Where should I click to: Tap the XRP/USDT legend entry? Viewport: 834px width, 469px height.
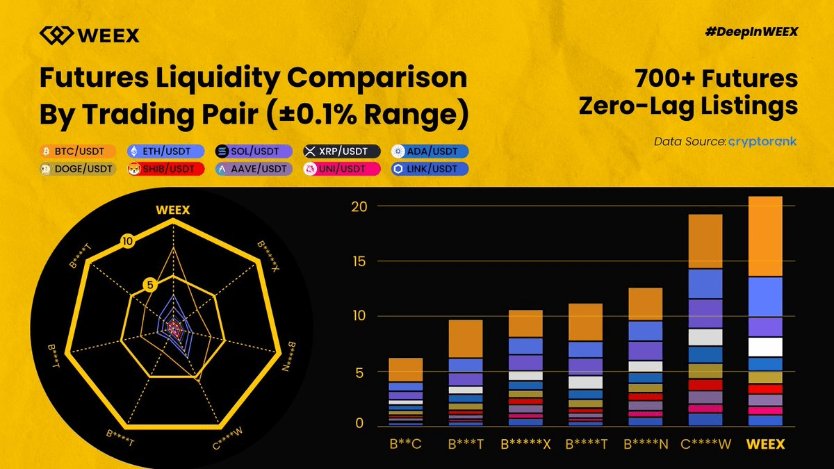coord(341,151)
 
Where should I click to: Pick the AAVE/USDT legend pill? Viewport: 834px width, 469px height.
coord(254,169)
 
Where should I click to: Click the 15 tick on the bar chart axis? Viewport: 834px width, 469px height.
coord(356,261)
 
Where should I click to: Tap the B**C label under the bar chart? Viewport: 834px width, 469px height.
coord(405,444)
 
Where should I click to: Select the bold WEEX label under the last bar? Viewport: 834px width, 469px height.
coord(765,444)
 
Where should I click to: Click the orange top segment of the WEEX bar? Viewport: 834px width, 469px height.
coord(765,236)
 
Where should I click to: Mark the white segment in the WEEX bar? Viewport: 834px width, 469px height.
coord(765,346)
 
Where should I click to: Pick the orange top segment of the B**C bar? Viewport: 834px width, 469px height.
coord(405,369)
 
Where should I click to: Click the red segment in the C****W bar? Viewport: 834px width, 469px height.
coord(705,384)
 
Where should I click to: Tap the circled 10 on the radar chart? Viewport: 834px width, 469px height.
coord(126,242)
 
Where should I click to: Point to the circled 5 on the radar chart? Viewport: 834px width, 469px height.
coord(149,283)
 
